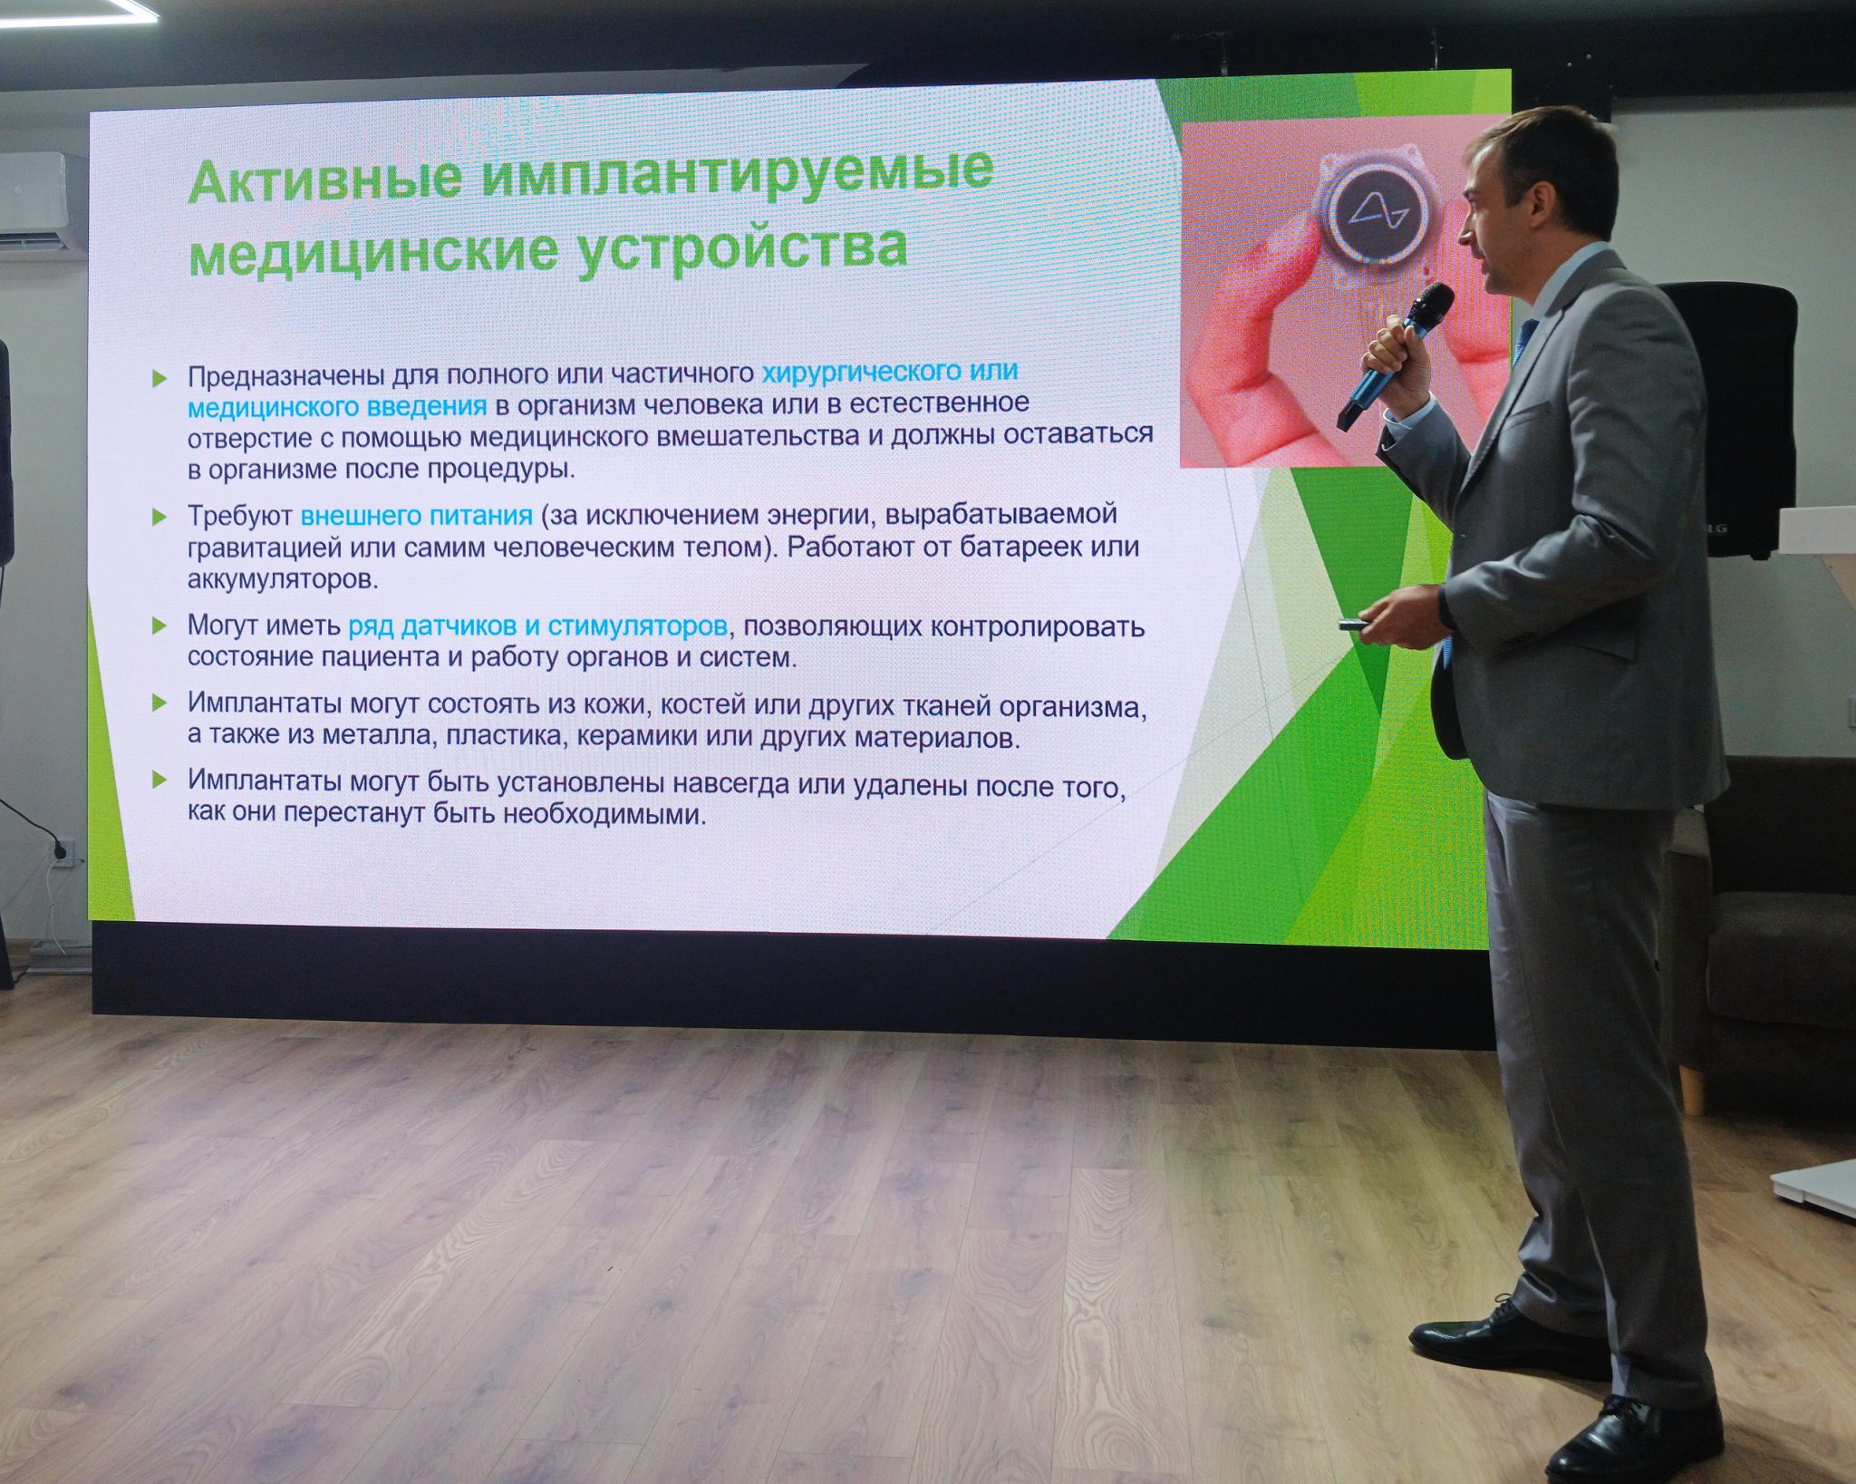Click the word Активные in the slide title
point(324,179)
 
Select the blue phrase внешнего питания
point(416,516)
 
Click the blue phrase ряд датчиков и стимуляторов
point(538,626)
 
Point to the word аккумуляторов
point(282,579)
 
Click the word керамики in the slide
point(637,736)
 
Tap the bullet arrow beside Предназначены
point(159,379)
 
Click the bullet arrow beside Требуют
point(159,518)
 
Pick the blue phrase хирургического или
point(890,371)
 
